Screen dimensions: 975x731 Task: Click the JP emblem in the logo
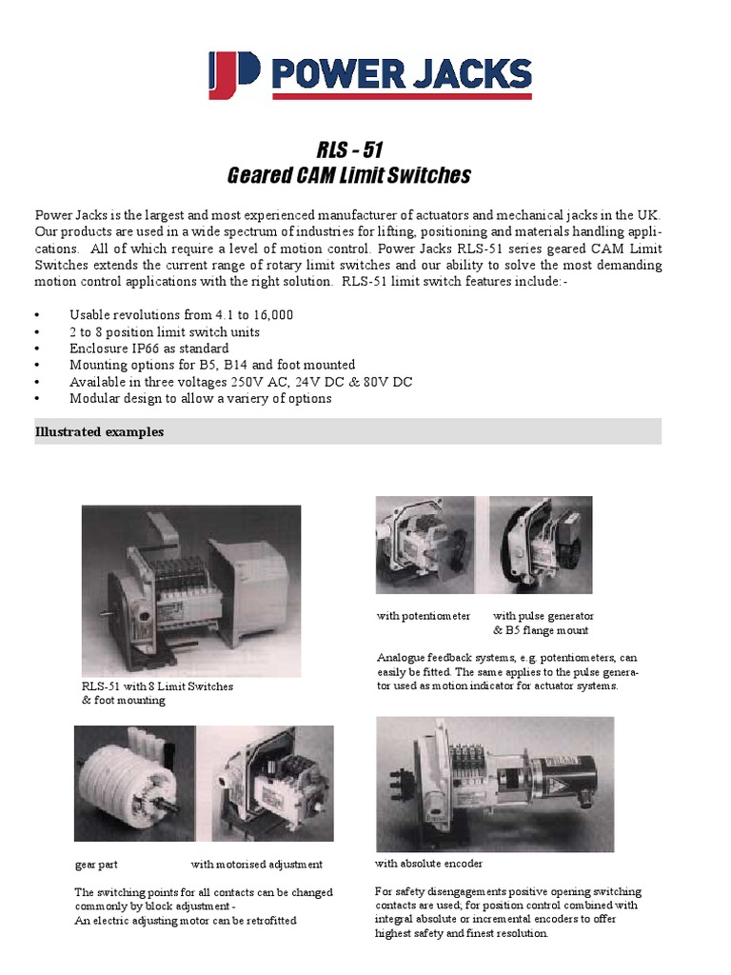[233, 76]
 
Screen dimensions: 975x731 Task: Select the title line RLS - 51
[348, 149]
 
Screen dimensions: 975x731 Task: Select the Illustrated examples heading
[99, 432]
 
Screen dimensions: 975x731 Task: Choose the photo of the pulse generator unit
[541, 546]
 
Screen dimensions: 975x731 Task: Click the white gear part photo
[134, 785]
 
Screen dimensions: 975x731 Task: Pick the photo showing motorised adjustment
[266, 785]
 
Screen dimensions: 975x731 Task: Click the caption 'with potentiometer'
[424, 616]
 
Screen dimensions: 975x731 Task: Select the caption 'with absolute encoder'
[429, 864]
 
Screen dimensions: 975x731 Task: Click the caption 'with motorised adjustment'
[257, 865]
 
